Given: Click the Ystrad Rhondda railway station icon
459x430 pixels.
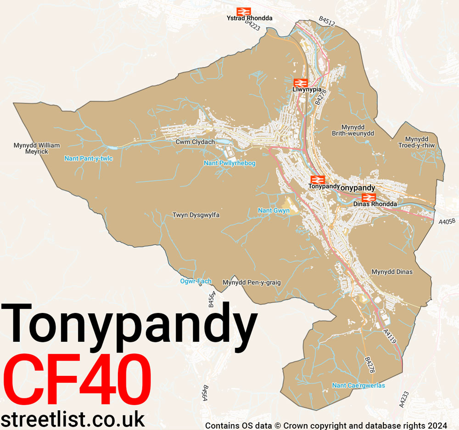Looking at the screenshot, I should tap(243, 11).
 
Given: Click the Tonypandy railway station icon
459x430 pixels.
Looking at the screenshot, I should tap(316, 179).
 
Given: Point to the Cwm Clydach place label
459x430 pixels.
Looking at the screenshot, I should tap(195, 142).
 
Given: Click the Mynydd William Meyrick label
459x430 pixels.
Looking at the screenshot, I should tap(37, 148).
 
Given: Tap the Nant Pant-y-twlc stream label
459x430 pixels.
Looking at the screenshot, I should tap(88, 158).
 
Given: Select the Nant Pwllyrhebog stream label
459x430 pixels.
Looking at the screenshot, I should tap(229, 163).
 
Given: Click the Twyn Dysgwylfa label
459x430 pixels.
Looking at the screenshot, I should tap(196, 215).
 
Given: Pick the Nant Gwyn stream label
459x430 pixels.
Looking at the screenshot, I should tap(274, 211).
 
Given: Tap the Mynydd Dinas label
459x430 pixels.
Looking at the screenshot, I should tap(392, 272).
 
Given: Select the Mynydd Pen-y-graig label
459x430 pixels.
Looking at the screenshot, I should tap(251, 282).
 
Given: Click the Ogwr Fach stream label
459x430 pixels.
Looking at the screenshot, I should tap(196, 281).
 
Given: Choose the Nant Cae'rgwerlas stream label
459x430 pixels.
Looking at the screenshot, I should tap(358, 385).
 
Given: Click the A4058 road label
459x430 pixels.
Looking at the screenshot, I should tap(447, 221).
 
